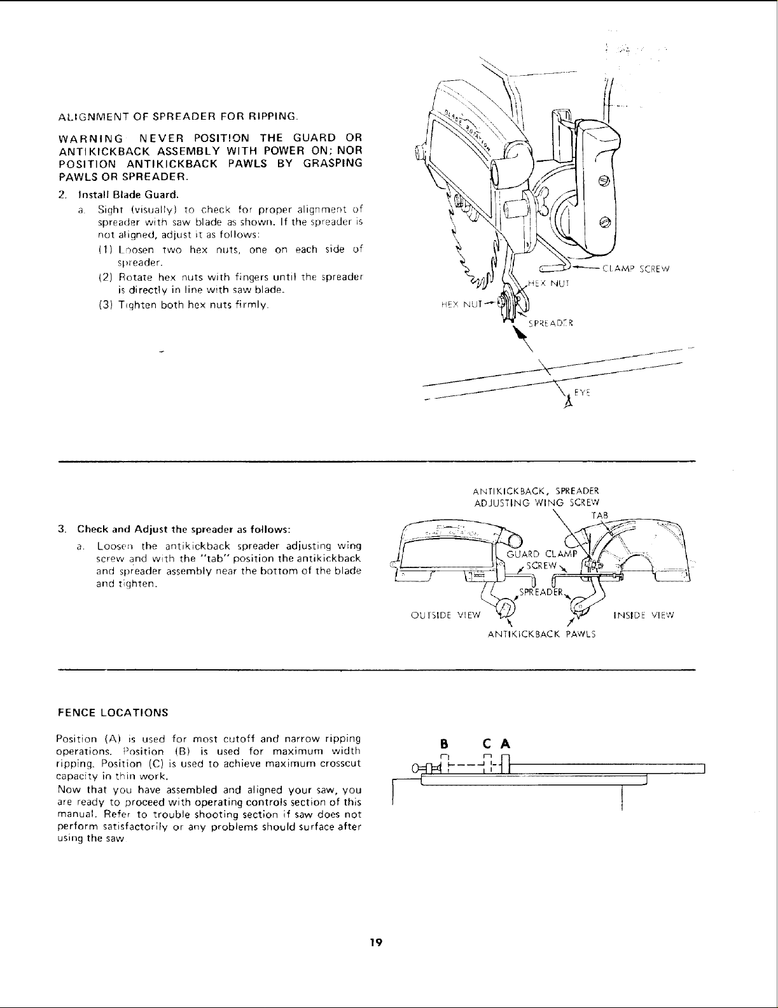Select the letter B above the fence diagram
[x=445, y=744]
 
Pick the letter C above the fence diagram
[x=487, y=744]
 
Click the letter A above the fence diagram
[x=505, y=744]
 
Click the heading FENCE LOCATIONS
[x=113, y=712]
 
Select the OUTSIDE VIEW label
[x=445, y=615]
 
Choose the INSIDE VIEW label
[x=643, y=615]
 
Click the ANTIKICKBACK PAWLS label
[x=541, y=634]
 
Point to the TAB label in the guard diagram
[x=600, y=515]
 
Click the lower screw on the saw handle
[x=604, y=222]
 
